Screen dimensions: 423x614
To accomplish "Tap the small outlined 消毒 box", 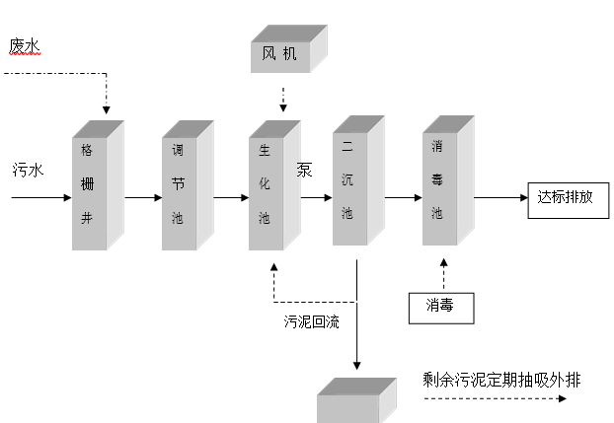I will click(x=440, y=308).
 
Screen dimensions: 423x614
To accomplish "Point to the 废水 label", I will click(x=24, y=46).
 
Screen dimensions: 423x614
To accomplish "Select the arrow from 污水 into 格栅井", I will click(x=41, y=197).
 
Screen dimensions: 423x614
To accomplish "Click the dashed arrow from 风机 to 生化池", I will click(x=282, y=99).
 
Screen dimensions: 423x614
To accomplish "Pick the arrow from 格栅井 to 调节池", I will click(x=141, y=197).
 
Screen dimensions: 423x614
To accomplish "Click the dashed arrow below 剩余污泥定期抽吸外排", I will click(x=494, y=399).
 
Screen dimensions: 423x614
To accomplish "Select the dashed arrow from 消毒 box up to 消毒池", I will click(x=443, y=273).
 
